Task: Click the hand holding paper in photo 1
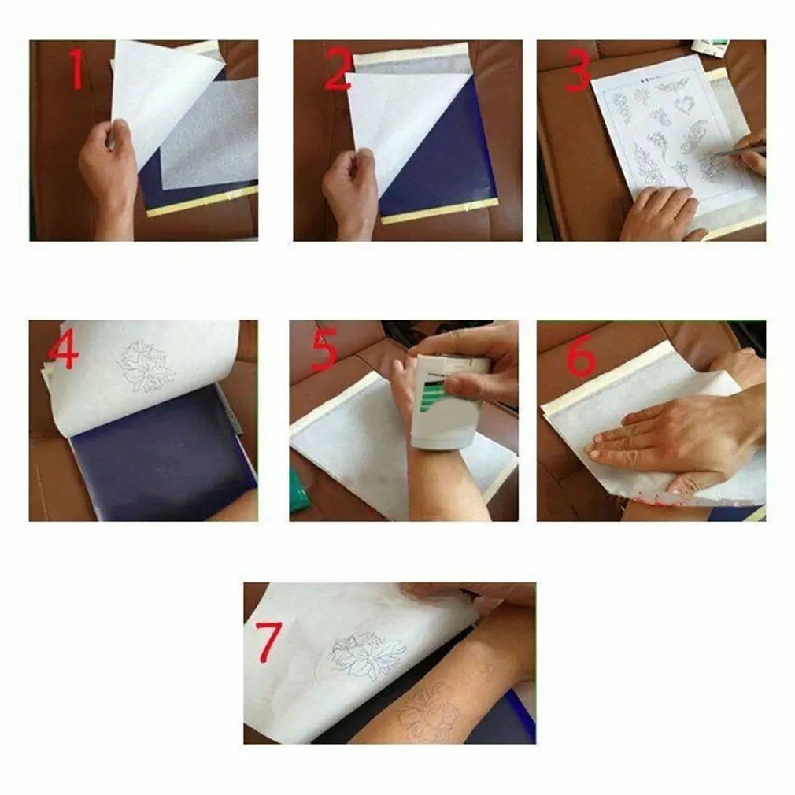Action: (x=108, y=169)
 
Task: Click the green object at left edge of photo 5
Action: (x=298, y=489)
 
